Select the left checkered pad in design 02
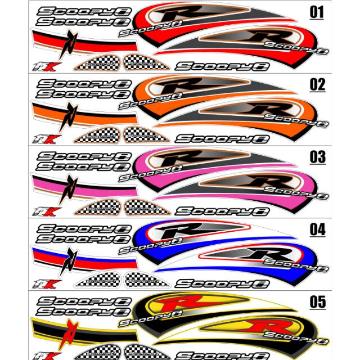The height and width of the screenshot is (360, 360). point(99,136)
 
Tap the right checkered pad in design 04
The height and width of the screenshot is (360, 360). point(143,279)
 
